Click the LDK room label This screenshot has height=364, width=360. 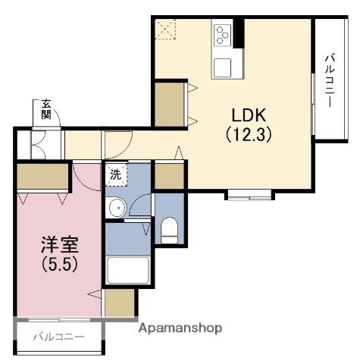tap(249, 116)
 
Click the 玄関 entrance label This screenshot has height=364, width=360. tap(46, 109)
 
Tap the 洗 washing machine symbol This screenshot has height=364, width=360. tap(115, 173)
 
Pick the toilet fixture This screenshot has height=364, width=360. tap(169, 227)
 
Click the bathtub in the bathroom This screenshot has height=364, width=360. tap(127, 270)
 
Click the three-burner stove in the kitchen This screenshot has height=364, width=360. tap(222, 35)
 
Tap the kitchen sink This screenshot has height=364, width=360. tap(223, 67)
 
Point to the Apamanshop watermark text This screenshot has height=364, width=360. tap(180, 329)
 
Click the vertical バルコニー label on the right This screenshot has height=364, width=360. tap(330, 80)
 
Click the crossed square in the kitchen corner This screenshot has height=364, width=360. tap(165, 29)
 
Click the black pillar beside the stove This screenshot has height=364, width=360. tap(239, 31)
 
